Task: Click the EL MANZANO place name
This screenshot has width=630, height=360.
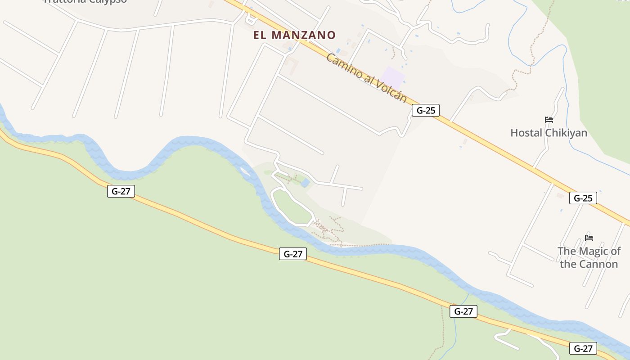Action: [294, 35]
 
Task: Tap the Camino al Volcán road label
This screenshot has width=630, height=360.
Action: [366, 78]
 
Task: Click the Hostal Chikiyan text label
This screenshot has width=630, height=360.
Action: [549, 133]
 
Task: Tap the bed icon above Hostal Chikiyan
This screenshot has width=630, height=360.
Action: [549, 120]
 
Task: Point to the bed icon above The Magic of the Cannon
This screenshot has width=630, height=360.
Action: [589, 238]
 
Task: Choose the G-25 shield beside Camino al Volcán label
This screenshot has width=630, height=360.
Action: [425, 110]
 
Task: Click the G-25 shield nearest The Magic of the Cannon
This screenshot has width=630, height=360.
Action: [583, 198]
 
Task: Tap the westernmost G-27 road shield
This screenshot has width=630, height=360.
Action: [121, 191]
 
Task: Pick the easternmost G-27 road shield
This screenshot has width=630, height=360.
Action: [583, 348]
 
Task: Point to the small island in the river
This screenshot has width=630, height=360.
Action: [245, 171]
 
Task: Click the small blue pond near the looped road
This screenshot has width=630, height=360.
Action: [305, 183]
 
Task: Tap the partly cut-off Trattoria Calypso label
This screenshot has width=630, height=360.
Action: [85, 1]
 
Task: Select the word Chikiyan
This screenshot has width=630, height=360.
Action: [566, 133]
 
